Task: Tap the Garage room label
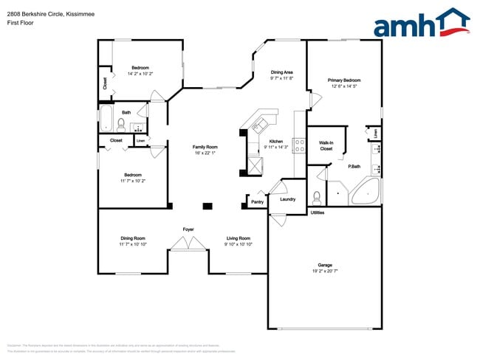tap(325, 265)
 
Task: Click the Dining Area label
tap(282, 72)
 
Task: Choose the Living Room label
tap(238, 238)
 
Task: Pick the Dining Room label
tap(133, 238)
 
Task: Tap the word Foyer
tap(188, 229)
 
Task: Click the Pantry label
tap(257, 201)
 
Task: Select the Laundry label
tap(287, 198)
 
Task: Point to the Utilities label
tap(318, 212)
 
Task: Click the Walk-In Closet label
tap(326, 145)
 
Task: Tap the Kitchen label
tap(275, 141)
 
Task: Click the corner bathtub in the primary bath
tap(365, 193)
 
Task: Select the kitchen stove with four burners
tap(300, 145)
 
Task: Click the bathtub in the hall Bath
tap(106, 120)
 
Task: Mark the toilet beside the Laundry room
tap(316, 197)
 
